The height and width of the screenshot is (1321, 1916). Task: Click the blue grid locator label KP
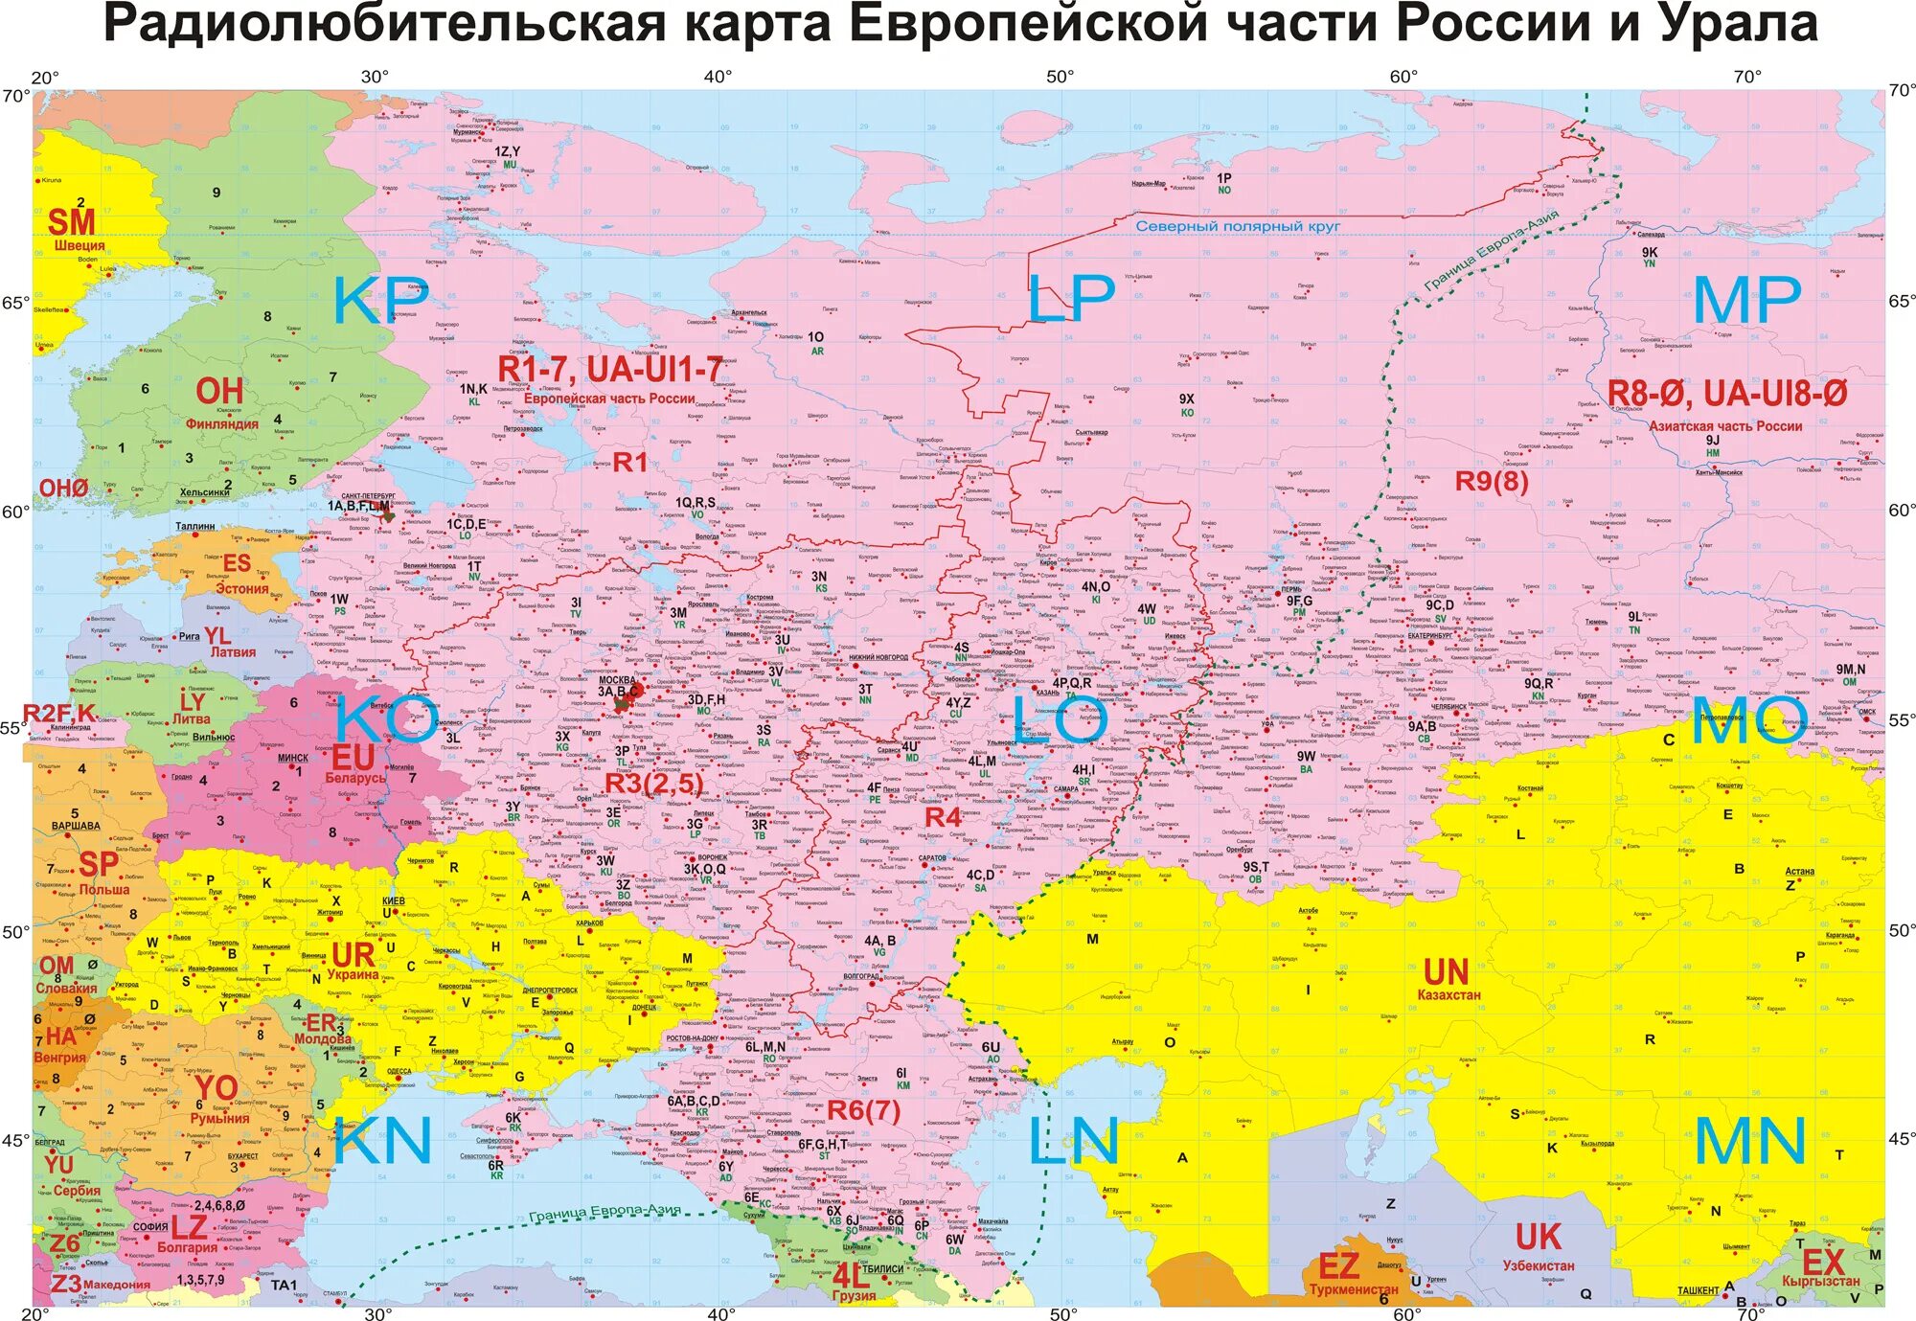point(380,300)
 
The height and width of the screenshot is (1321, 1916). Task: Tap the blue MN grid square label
point(1750,1141)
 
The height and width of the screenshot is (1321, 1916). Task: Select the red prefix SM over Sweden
point(71,222)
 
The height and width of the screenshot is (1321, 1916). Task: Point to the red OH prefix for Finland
point(219,391)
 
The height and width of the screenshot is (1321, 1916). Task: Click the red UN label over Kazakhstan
point(1446,972)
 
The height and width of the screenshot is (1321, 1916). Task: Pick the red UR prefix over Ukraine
point(353,954)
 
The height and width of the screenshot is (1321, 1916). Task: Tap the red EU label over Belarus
point(353,757)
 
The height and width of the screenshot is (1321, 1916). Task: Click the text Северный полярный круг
point(1237,227)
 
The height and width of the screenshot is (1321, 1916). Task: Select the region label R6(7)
point(863,1110)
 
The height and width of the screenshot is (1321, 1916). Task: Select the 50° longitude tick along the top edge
point(1060,77)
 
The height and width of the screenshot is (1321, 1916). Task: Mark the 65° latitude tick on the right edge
point(1901,300)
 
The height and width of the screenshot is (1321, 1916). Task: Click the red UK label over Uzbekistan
point(1538,1237)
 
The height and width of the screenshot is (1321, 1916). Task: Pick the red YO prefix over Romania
point(216,1088)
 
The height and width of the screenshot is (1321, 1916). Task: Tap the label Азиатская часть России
point(1725,426)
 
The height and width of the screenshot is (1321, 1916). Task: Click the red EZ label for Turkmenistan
point(1338,1266)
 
